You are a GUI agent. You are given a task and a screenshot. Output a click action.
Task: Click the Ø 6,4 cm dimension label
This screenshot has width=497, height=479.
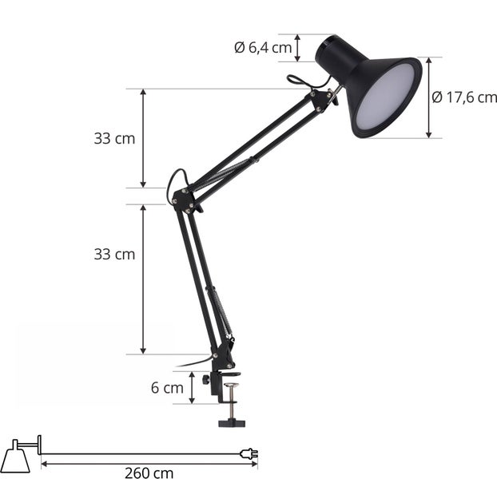263,47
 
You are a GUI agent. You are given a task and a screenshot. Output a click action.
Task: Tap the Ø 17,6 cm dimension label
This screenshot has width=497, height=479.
464,97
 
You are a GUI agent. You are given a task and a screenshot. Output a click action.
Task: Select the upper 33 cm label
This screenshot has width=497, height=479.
114,138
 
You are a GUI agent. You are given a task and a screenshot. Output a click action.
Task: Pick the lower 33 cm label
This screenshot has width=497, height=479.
114,255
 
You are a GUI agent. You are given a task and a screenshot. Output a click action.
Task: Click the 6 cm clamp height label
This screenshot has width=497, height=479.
166,388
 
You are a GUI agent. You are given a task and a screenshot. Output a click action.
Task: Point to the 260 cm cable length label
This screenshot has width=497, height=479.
149,472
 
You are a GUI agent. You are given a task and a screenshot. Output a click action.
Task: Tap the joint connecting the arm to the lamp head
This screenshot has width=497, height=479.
324,99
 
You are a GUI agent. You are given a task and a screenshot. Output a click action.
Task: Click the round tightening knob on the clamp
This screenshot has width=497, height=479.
207,381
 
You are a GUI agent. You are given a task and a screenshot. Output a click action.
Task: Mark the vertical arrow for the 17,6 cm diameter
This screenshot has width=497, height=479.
429,97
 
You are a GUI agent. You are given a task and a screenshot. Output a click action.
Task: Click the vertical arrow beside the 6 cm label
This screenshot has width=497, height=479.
192,388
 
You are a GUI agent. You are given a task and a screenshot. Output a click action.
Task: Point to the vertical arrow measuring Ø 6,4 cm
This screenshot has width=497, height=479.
299,48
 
